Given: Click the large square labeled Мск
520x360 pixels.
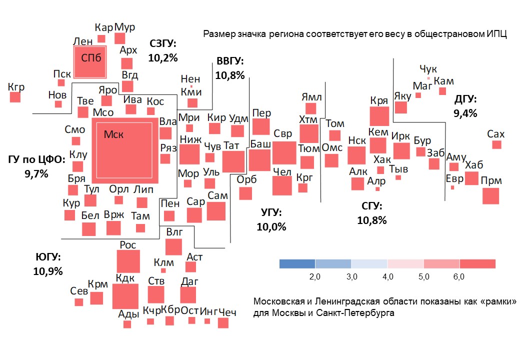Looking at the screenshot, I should point(124,150).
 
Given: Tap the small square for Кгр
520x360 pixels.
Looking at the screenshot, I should point(16,97).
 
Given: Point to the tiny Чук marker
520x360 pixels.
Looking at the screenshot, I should point(428,78).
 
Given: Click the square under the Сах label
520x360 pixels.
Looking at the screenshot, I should point(496,144).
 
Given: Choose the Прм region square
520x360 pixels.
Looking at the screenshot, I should point(490,195).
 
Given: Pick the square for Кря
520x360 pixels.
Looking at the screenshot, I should point(379,116).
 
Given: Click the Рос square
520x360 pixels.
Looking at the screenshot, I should point(128,261).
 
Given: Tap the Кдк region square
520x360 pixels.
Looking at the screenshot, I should point(124,296).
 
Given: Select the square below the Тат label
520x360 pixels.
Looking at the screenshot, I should point(233,161).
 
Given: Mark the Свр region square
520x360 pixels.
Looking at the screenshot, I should point(284,152).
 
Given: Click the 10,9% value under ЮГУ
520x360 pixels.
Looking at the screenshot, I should point(48,271).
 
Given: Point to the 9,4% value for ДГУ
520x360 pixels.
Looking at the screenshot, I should point(465,113).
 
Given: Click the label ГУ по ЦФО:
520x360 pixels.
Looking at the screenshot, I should point(36,160).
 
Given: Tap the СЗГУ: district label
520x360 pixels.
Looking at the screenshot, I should point(163,44).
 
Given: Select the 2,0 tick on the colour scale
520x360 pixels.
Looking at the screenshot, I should point(315,276).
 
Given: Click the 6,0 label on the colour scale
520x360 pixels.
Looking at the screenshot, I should point(459,276).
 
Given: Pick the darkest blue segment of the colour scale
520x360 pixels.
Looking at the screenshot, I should point(297,263).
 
